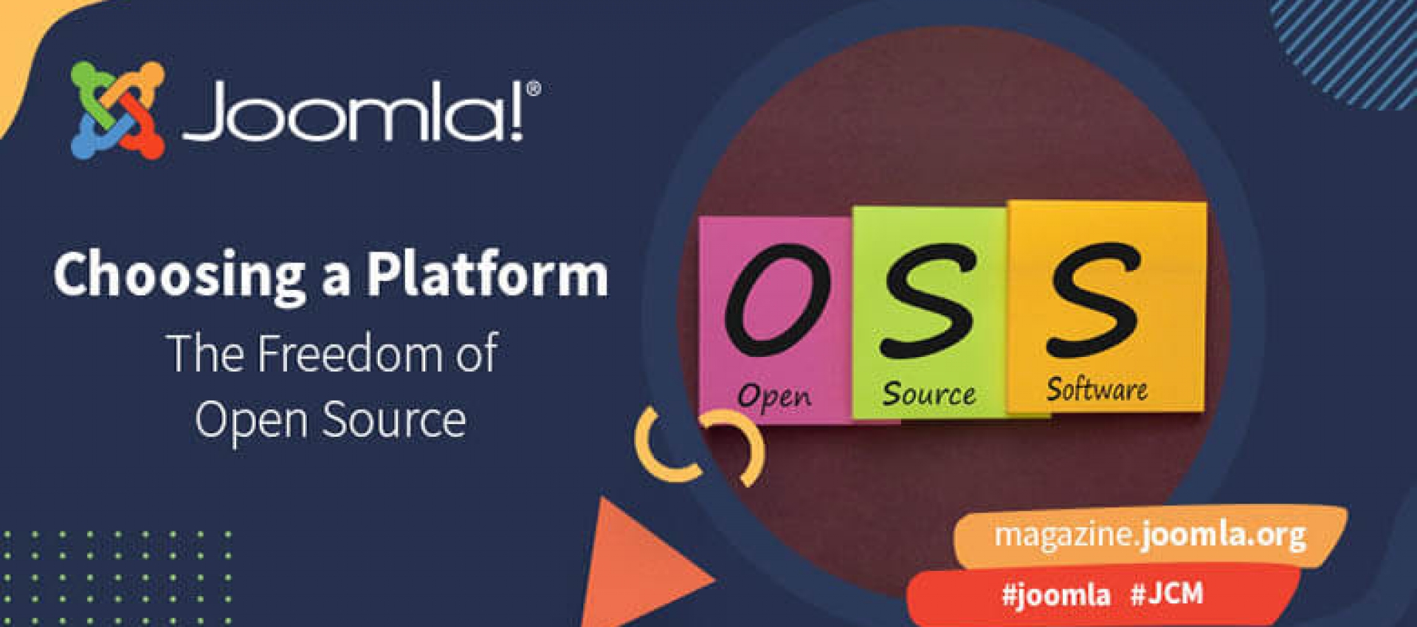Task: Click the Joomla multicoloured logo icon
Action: pos(117,110)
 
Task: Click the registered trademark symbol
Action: pos(534,89)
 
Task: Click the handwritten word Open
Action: pos(774,396)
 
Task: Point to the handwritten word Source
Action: pos(929,393)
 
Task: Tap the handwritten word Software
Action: pos(1097,389)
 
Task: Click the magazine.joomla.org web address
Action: pos(1150,535)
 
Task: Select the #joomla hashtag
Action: pos(1055,595)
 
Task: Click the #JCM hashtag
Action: pos(1167,593)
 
